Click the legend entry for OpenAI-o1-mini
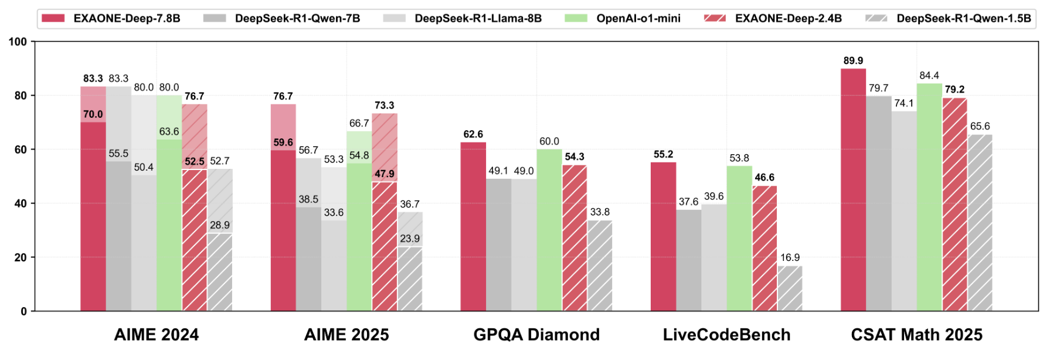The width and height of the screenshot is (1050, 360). tap(638, 19)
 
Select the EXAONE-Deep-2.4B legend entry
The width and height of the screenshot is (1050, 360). tap(788, 19)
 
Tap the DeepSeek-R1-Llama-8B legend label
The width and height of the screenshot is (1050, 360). tap(478, 19)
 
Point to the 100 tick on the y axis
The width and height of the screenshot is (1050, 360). tap(18, 42)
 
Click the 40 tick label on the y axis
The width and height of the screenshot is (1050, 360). tap(20, 203)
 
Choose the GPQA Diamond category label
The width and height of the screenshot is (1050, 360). tap(536, 335)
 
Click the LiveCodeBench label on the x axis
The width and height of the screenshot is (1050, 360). tap(726, 335)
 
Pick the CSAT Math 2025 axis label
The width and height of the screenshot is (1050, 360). tap(916, 335)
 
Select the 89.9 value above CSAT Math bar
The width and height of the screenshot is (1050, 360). tap(853, 61)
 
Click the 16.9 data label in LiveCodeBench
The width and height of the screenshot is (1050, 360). tap(790, 257)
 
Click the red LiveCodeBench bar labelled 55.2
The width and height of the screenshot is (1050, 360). tap(663, 236)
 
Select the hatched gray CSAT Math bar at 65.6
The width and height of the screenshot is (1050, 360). tap(980, 223)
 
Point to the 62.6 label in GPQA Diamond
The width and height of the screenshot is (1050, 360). tap(473, 134)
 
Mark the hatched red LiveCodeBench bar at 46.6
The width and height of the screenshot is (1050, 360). tap(764, 248)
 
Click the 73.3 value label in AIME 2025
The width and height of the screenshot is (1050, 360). tap(385, 106)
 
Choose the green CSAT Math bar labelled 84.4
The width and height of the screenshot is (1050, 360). tap(929, 197)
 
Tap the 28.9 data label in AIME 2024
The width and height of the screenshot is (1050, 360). tap(220, 225)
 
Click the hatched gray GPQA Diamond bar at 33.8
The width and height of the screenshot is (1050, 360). tap(600, 266)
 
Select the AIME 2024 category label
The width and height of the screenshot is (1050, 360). tap(157, 335)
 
